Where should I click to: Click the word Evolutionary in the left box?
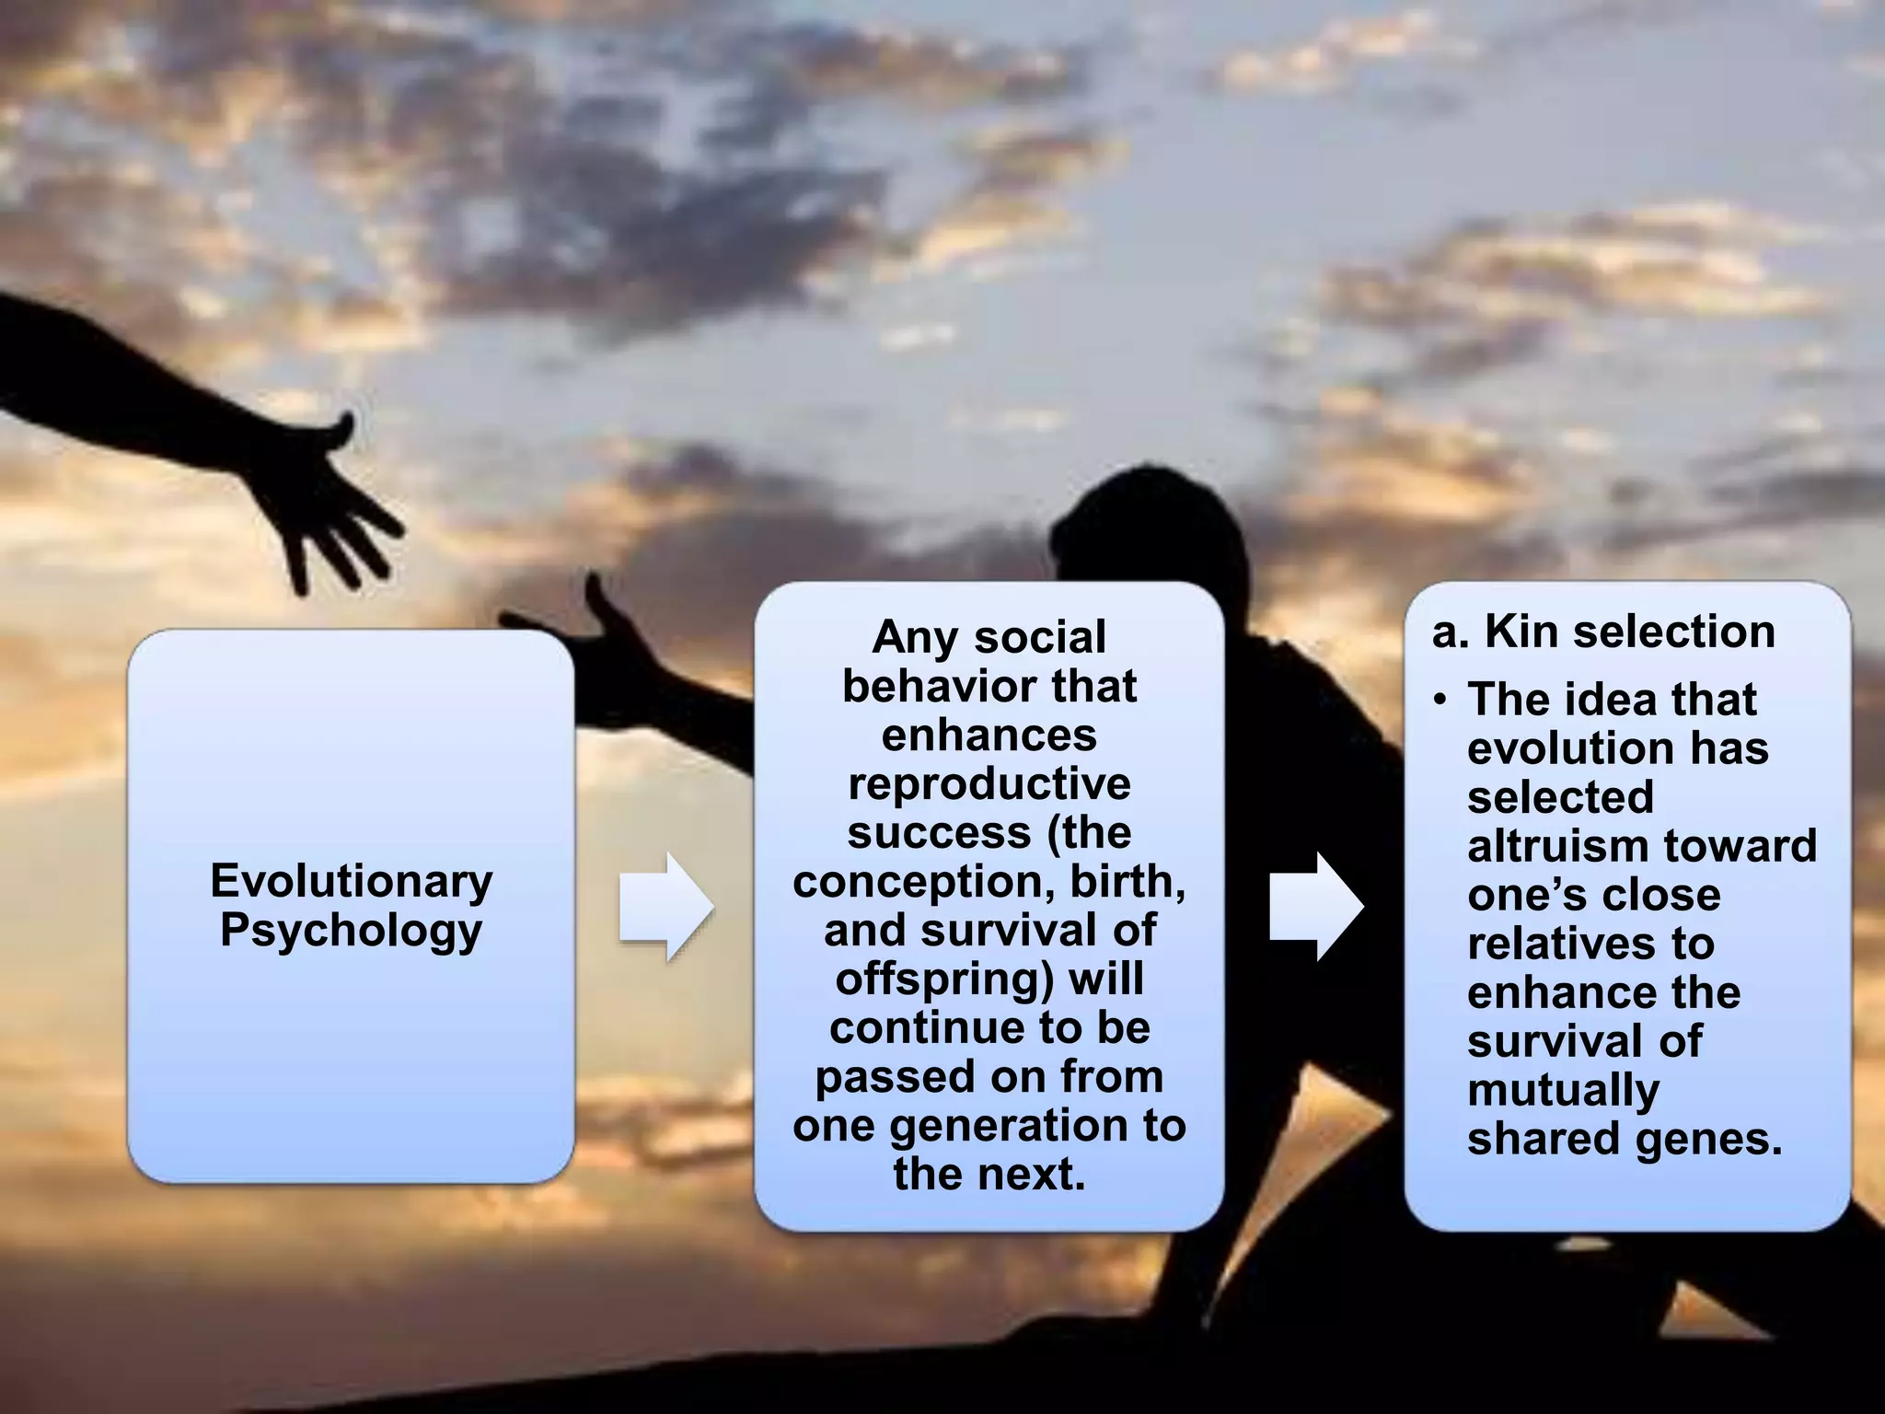pos(352,881)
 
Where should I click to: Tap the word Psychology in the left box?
pos(352,930)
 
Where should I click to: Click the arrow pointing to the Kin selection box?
pos(1316,907)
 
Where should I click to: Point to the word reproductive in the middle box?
pos(989,784)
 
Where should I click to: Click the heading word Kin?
pos(1519,632)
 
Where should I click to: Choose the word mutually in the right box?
pos(1563,1091)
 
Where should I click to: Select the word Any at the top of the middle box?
pos(915,638)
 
